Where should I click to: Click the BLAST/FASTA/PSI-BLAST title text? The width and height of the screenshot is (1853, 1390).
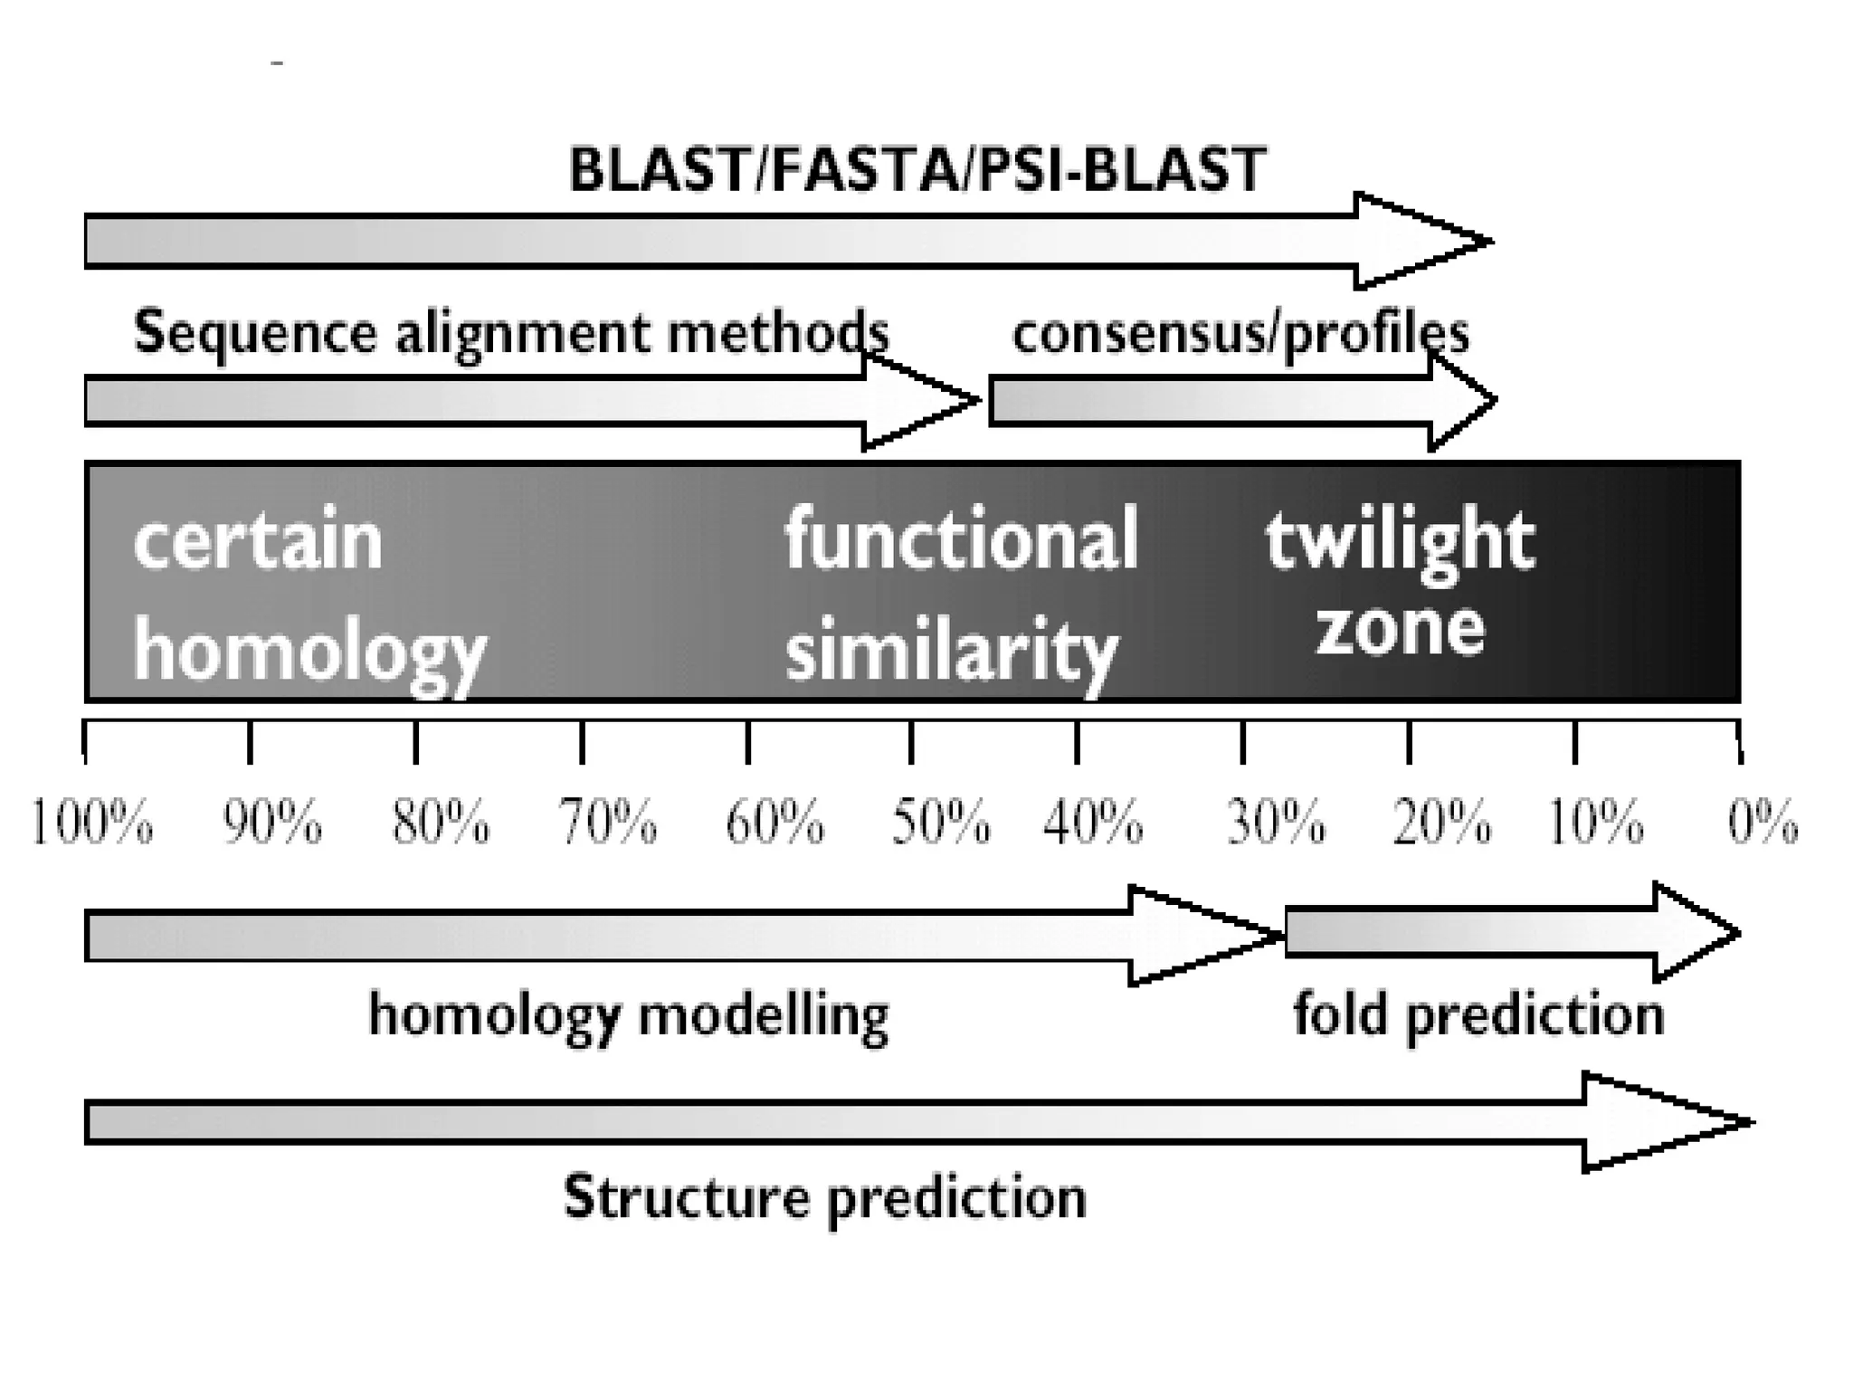point(917,169)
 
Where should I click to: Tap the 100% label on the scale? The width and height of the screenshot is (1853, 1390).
point(91,824)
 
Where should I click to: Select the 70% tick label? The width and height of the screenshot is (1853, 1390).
point(608,824)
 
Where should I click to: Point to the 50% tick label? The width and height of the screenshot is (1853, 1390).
point(940,824)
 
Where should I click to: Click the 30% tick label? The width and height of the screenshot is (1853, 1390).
point(1276,824)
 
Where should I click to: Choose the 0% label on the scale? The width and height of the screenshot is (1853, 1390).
point(1763,824)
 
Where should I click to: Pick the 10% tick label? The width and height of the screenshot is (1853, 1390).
point(1595,824)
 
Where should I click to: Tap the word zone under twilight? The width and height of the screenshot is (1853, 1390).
point(1399,628)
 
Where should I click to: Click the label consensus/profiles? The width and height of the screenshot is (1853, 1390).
point(1240,334)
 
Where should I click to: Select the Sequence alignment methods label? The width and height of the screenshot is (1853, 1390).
point(511,334)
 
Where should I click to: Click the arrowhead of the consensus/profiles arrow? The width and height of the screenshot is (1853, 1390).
point(1461,400)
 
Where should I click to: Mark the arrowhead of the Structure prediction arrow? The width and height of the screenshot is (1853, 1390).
point(1665,1122)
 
